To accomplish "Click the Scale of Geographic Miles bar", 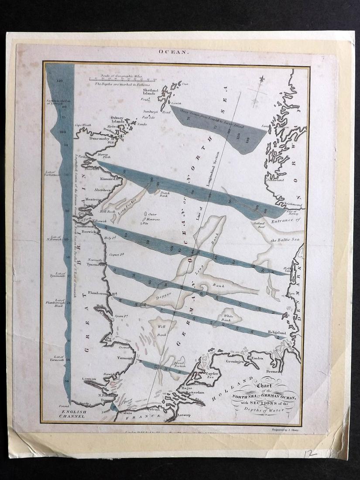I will (x=122, y=79).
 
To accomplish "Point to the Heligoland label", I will (x=274, y=333).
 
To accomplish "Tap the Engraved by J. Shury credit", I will (x=284, y=430).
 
